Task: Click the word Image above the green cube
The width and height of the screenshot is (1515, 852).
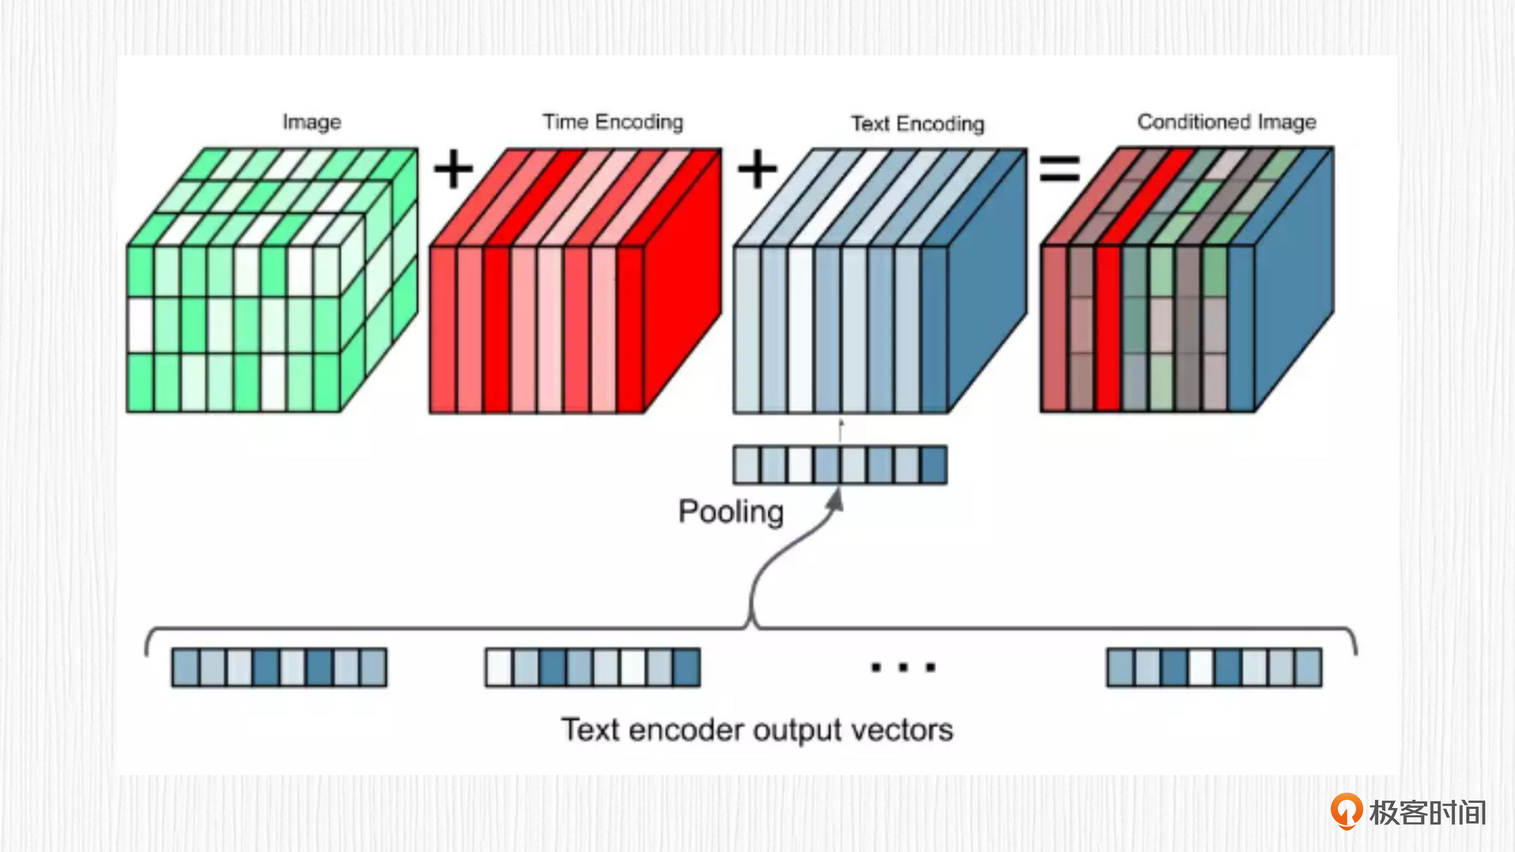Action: click(312, 122)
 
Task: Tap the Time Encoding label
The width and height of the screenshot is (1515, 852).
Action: click(613, 122)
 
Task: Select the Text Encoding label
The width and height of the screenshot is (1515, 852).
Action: click(917, 124)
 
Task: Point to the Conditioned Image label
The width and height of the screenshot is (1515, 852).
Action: click(1226, 122)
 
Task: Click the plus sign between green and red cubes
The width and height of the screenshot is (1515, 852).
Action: click(453, 169)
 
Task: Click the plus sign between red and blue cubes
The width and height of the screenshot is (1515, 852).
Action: click(757, 169)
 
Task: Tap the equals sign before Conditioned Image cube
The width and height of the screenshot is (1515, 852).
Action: click(1060, 169)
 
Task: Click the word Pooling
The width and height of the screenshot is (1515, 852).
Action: click(731, 512)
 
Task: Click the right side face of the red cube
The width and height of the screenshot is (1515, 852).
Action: click(682, 282)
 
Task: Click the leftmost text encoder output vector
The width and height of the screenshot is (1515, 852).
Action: click(279, 668)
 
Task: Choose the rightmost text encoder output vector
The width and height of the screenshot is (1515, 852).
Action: click(1214, 668)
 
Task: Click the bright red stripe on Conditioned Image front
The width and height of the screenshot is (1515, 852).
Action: click(1109, 329)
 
